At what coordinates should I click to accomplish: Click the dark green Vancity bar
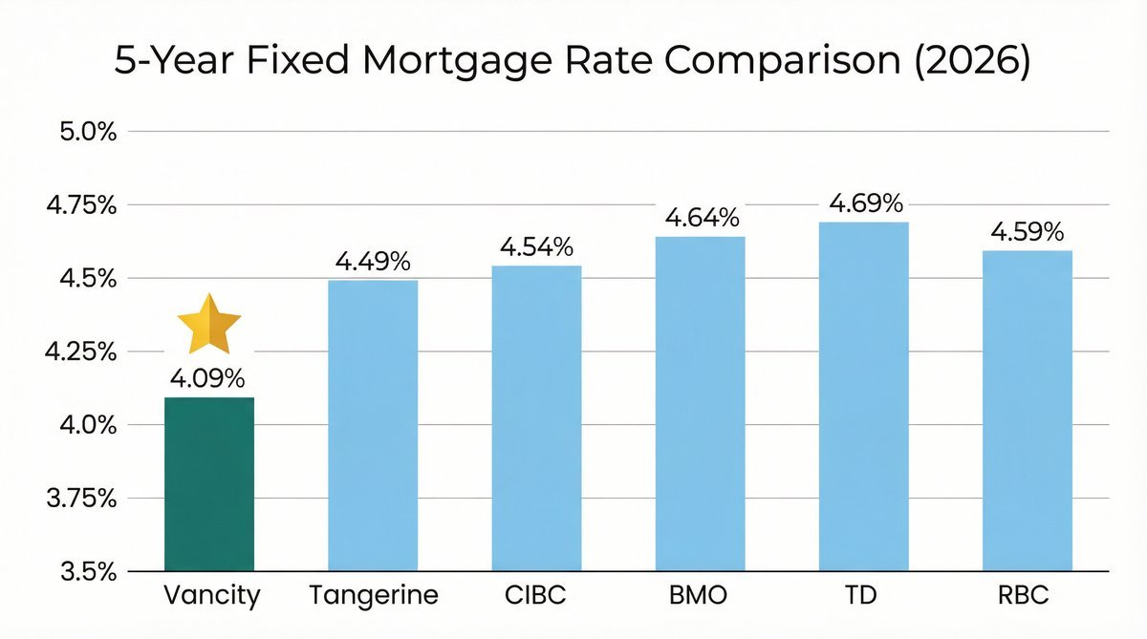[209, 484]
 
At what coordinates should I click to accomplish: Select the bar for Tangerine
[373, 425]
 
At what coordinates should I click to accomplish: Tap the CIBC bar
[536, 418]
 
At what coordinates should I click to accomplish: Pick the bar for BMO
[700, 404]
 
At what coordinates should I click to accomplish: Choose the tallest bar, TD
[864, 396]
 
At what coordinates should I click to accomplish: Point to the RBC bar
[1028, 411]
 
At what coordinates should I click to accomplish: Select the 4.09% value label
[209, 380]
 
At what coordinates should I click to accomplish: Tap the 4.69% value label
[866, 203]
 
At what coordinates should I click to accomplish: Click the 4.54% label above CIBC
[536, 247]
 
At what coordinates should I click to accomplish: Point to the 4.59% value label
[1028, 232]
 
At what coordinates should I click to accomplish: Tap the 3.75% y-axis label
[86, 499]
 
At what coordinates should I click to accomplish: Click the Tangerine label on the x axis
[374, 596]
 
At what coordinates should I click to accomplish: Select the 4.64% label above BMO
[702, 218]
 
